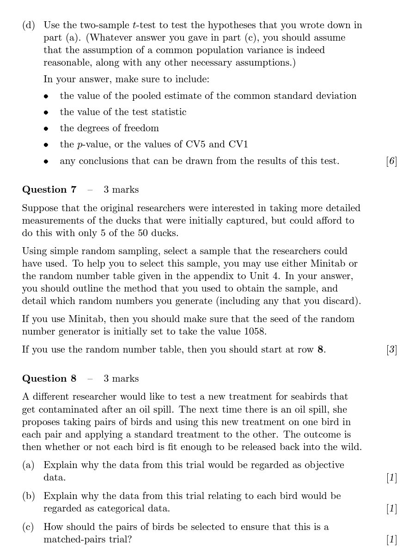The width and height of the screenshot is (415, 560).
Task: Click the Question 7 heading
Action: tap(49, 189)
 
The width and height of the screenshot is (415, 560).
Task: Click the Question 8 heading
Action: tap(49, 378)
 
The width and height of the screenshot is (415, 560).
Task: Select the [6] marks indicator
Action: tap(391, 161)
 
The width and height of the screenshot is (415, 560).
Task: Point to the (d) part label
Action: tap(28, 25)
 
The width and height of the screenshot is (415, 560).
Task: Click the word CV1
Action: tap(238, 145)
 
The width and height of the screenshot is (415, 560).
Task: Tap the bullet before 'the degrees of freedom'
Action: tap(46, 129)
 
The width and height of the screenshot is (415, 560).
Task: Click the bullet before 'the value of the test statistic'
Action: tap(46, 113)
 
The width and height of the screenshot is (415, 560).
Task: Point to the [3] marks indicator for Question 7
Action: tap(391, 350)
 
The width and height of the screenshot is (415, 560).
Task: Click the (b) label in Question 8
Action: tap(28, 496)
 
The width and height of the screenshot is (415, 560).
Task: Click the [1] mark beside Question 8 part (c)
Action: tap(391, 540)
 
